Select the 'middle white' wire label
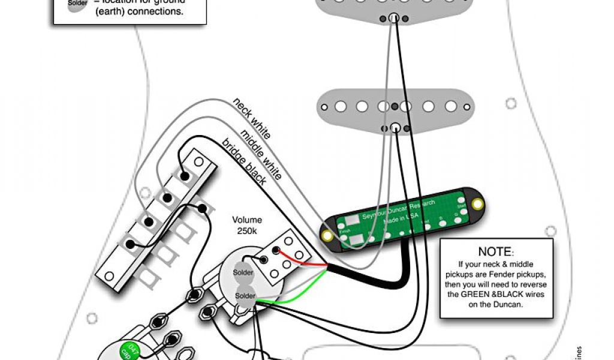click(261, 154)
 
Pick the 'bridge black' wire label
click(244, 163)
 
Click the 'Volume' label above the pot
click(248, 220)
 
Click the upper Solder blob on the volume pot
click(244, 273)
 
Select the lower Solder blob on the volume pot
click(246, 296)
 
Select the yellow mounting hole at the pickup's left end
click(327, 235)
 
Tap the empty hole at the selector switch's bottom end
click(109, 276)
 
